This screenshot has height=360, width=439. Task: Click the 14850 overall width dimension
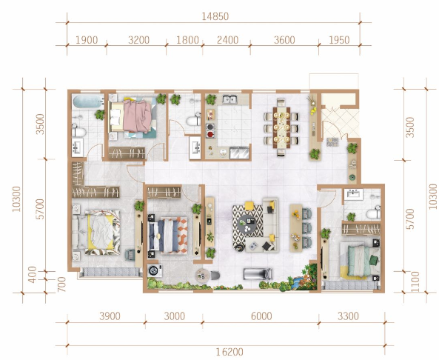tap(215, 16)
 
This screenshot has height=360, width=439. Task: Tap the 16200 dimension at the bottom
tap(229, 352)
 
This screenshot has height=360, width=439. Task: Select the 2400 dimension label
tap(227, 40)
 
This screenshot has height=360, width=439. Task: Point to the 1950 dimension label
tap(339, 40)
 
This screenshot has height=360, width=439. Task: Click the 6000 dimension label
tap(261, 316)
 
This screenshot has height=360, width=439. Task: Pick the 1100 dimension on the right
tap(415, 281)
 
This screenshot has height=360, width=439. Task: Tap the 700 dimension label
tap(61, 284)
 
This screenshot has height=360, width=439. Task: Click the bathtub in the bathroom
tap(87, 101)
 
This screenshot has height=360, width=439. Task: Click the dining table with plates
tap(281, 127)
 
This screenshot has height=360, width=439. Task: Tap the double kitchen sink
tap(229, 99)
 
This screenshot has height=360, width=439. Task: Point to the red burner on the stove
tap(210, 134)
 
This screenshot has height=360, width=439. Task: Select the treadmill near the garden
tap(258, 274)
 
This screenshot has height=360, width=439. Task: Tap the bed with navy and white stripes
tap(167, 236)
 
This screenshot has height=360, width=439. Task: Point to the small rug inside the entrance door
tap(332, 142)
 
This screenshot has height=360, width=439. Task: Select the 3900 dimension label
tap(110, 316)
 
